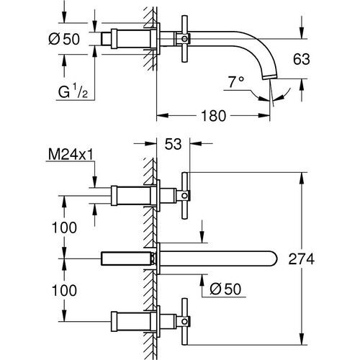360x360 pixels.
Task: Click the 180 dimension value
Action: click(211, 115)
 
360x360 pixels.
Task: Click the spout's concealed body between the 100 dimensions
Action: click(128, 258)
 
